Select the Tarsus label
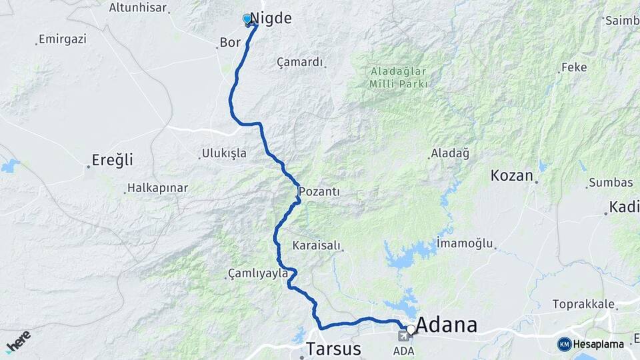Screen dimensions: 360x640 pos(333,349)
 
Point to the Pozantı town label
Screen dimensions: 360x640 pos(319,192)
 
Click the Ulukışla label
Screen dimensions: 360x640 pos(225,153)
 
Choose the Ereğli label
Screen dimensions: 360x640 pos(112,160)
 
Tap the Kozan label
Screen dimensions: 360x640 pos(512,176)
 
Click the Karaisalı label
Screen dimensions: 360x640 pos(317,246)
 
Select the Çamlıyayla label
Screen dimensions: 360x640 pos(258,273)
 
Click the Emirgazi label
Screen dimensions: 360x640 pos(63,39)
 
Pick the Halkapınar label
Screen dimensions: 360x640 pos(157,189)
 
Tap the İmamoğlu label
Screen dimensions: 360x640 pos(465,243)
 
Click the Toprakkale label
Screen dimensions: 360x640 pos(583,304)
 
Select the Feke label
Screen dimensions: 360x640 pos(573,67)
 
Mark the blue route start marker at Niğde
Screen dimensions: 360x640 pos(247,19)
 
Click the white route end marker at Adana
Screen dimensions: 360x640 pos(411,329)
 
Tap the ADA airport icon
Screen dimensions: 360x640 pos(404,335)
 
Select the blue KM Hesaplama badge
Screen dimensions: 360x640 pos(591,344)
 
